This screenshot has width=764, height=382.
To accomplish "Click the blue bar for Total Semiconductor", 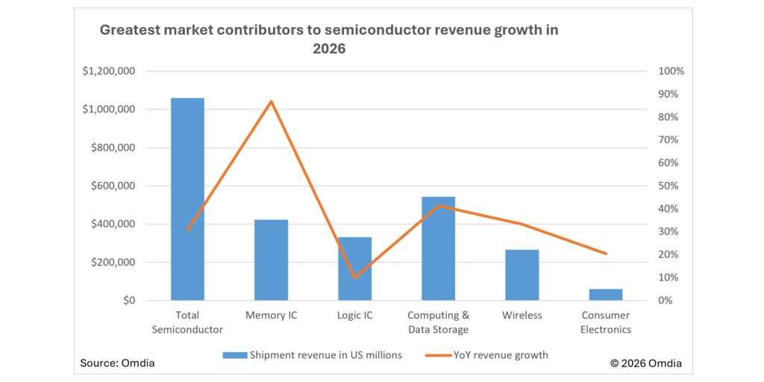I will click(x=187, y=199).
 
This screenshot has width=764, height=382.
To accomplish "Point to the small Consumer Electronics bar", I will click(x=605, y=295).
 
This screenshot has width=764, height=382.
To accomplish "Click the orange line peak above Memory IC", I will click(x=271, y=101).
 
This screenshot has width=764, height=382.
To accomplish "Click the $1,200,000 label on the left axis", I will click(x=109, y=72).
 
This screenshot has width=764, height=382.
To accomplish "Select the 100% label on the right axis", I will click(x=671, y=72).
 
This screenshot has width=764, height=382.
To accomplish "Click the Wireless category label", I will click(x=522, y=316).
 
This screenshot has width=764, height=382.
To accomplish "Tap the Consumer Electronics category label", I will click(x=605, y=322).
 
